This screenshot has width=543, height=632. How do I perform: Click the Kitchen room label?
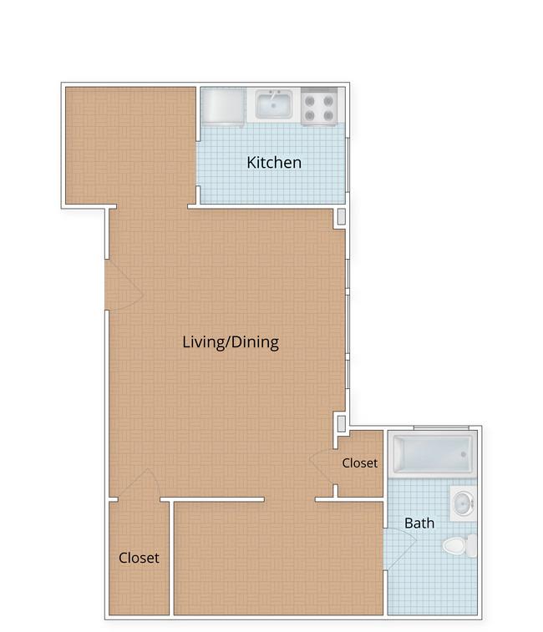pos(274,163)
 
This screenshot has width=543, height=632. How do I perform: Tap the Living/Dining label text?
pos(231,342)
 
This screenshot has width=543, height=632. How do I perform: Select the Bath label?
pos(419,523)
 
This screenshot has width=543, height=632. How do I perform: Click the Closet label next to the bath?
pos(359,463)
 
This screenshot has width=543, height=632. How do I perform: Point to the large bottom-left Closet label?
pos(139,558)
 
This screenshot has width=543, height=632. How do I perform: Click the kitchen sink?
pos(274,104)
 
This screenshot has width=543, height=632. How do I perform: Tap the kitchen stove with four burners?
pos(319,106)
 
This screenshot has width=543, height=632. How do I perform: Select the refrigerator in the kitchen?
pos(223,106)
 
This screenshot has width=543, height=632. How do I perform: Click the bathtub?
pos(433,455)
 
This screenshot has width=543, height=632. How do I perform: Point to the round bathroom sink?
pos(464,503)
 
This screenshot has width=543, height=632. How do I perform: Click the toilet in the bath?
pos(459,545)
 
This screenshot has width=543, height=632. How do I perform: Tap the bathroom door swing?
pos(399,549)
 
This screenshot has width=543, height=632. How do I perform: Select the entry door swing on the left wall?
pos(124,285)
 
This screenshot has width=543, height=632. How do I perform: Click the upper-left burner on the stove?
pos(310,100)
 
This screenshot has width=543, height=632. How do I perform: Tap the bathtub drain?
pos(464,454)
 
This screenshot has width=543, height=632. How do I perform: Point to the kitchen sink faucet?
pos(274,94)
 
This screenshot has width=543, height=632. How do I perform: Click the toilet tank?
pos(471,545)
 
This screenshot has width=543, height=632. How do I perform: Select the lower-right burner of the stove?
pos(329,116)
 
